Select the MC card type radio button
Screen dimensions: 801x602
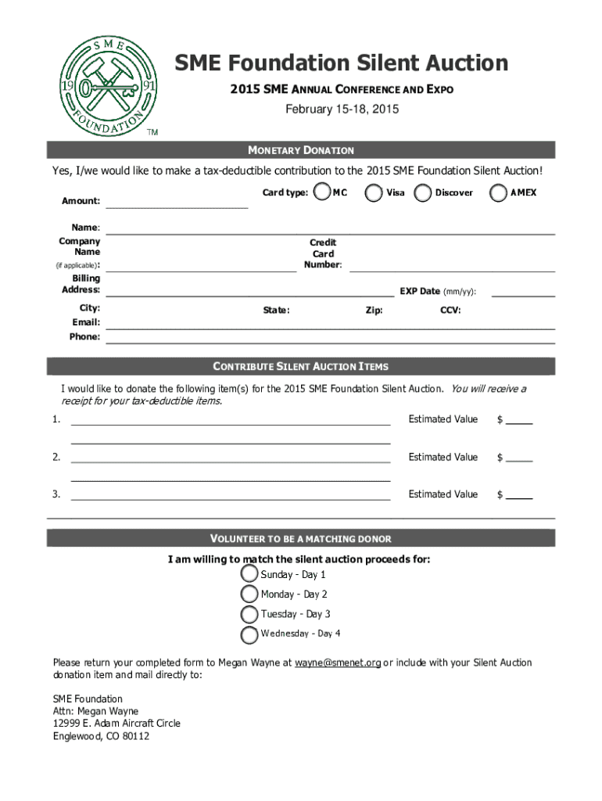pyautogui.click(x=321, y=192)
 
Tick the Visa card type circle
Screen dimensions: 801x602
pyautogui.click(x=375, y=192)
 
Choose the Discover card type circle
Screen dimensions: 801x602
pyautogui.click(x=423, y=192)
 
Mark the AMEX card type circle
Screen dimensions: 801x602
pyautogui.click(x=498, y=192)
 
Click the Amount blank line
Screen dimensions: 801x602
pyautogui.click(x=177, y=205)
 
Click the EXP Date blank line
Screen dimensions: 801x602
pyautogui.click(x=522, y=294)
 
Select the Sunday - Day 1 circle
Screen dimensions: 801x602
pyautogui.click(x=250, y=574)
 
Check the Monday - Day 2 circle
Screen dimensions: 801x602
pyautogui.click(x=250, y=594)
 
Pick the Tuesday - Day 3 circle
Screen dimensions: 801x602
pyautogui.click(x=250, y=614)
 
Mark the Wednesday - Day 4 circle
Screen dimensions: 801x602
pyautogui.click(x=250, y=634)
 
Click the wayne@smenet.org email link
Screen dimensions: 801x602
pyautogui.click(x=338, y=663)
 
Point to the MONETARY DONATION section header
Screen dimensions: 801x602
pyautogui.click(x=301, y=150)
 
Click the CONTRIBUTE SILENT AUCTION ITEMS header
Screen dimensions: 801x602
pyautogui.click(x=301, y=366)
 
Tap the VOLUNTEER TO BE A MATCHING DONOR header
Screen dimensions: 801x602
pyautogui.click(x=301, y=539)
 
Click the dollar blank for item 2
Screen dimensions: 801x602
pyautogui.click(x=519, y=458)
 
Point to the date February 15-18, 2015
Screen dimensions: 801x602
pyautogui.click(x=342, y=110)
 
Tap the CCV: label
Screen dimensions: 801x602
pyautogui.click(x=450, y=311)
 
